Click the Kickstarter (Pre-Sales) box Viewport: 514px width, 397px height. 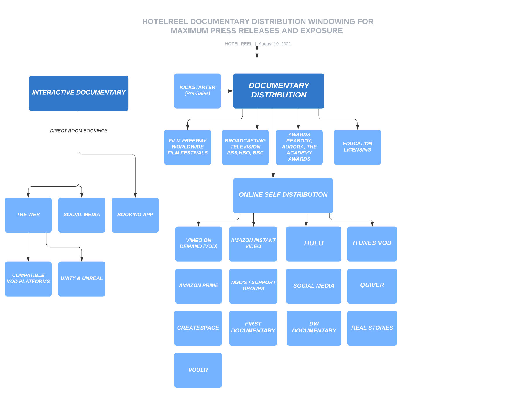point(197,91)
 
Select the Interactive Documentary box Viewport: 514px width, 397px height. point(79,93)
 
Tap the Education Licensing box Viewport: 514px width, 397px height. point(357,147)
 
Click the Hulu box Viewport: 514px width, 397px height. point(314,244)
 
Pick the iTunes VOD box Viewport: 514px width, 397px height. point(372,244)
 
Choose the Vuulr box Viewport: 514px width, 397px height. point(198,370)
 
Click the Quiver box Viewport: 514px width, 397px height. point(372,286)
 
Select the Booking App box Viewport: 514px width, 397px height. point(135,215)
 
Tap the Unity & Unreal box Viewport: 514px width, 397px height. point(82,279)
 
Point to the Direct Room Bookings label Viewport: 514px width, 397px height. point(79,131)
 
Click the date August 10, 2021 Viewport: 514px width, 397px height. point(275,44)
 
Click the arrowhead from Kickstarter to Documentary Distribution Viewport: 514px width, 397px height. point(231,91)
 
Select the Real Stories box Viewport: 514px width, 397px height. point(372,328)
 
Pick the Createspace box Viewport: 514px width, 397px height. point(198,328)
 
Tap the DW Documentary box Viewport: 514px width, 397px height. point(314,328)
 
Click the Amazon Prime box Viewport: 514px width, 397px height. point(199,286)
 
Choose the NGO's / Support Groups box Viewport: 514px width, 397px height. point(253,286)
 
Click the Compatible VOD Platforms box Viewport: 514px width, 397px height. point(28,279)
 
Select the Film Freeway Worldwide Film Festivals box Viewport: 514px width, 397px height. point(187,147)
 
